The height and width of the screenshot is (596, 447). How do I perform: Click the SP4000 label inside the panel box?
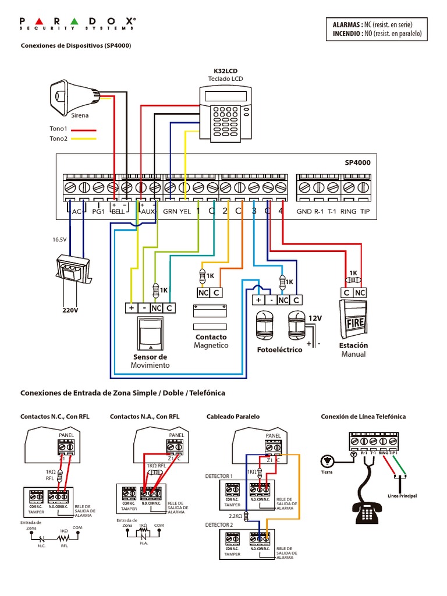click(357, 164)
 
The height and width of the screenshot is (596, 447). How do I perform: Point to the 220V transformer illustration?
click(73, 271)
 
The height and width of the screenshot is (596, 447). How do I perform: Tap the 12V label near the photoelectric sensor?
click(315, 318)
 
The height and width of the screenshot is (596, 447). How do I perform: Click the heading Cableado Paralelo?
click(233, 417)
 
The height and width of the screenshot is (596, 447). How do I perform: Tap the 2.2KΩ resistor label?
click(235, 516)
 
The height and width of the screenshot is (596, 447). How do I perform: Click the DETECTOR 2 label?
click(219, 525)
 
